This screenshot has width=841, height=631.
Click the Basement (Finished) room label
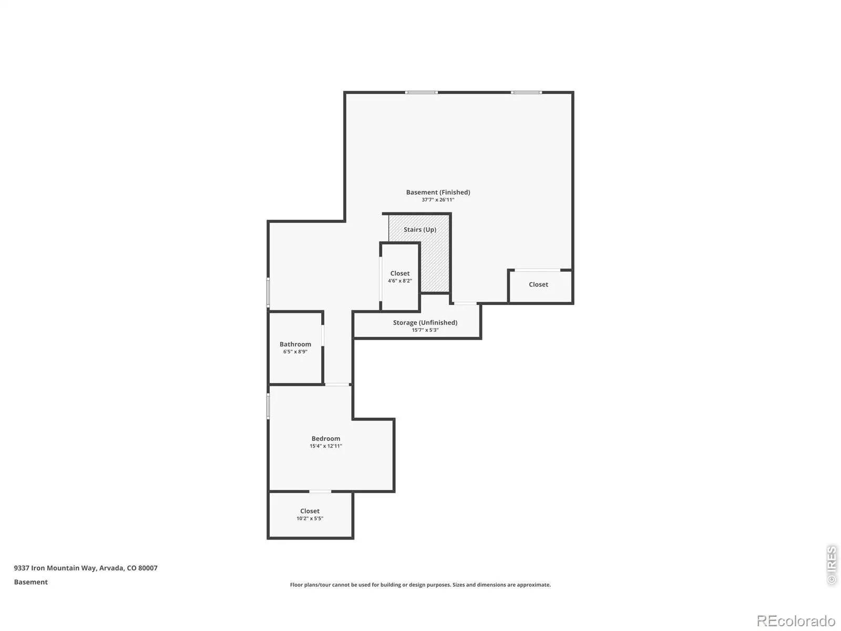[438, 192]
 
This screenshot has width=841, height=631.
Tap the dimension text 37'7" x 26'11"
[438, 200]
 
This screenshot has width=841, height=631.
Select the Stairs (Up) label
[420, 229]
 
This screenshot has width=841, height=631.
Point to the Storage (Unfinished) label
[425, 322]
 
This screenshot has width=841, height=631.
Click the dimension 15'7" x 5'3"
[425, 330]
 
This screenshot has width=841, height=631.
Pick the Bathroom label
[295, 344]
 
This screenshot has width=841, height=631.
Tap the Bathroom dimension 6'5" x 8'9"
[295, 351]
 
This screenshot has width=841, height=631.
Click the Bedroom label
[326, 439]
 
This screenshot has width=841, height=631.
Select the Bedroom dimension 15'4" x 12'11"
[326, 446]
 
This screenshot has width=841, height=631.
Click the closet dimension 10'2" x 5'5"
[310, 518]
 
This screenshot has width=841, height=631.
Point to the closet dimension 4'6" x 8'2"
[399, 281]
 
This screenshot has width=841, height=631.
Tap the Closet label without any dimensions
[538, 284]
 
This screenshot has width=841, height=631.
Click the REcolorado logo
[796, 620]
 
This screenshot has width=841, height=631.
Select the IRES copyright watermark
[832, 565]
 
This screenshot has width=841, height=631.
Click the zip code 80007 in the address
[148, 568]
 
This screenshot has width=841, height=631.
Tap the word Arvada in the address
[111, 568]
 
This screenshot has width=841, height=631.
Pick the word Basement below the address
[30, 582]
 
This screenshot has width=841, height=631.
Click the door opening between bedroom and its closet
[320, 491]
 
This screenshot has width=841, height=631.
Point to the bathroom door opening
[323, 335]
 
